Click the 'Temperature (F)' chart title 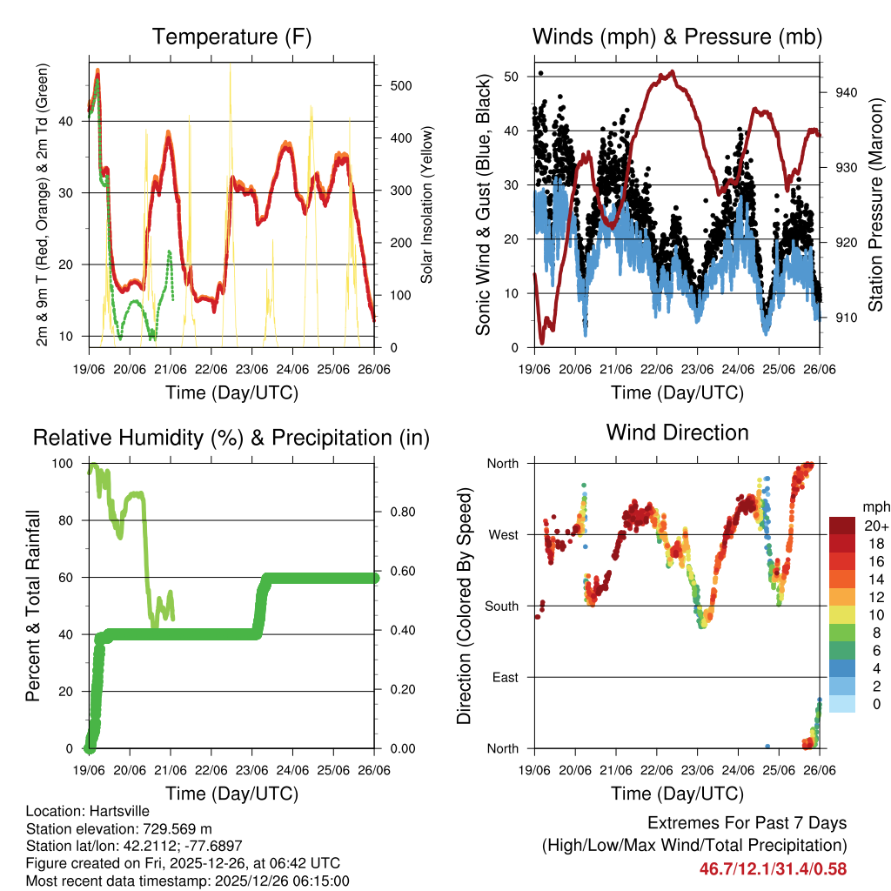click(231, 37)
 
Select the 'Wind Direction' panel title click(677, 432)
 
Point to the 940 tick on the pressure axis click(846, 92)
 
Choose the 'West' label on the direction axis click(501, 534)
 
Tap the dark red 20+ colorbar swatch click(841, 526)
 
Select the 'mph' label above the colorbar click(874, 506)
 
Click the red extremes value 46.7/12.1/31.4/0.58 click(773, 868)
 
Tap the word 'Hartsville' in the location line click(109, 811)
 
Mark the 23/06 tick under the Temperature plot click(252, 369)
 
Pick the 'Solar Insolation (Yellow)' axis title click(427, 205)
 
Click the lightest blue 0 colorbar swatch click(841, 704)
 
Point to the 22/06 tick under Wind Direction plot click(656, 771)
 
